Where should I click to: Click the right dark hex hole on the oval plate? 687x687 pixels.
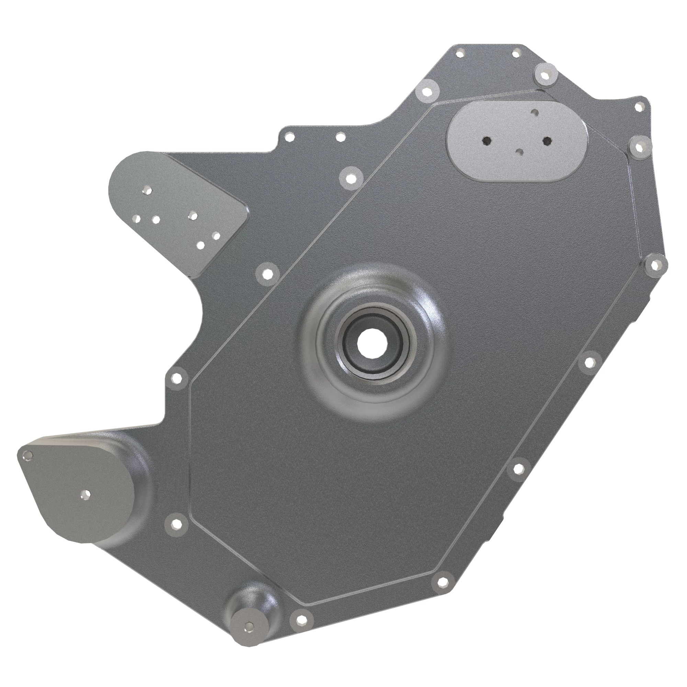tap(547, 141)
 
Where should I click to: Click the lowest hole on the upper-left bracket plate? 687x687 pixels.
tap(201, 245)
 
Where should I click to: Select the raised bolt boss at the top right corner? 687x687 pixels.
tap(545, 75)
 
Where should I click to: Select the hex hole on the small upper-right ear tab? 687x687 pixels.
tap(640, 106)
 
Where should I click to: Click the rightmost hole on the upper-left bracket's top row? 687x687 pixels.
tap(193, 215)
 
